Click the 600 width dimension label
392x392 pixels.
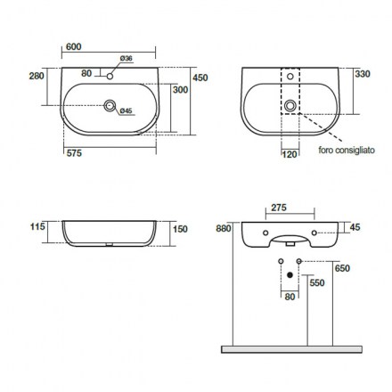pyautogui.click(x=73, y=46)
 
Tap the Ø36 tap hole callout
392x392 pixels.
pyautogui.click(x=127, y=58)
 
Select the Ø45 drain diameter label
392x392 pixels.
pyautogui.click(x=126, y=110)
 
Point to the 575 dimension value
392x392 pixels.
pyautogui.click(x=74, y=153)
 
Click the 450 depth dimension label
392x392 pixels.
pyautogui.click(x=200, y=78)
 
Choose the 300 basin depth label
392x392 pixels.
pyautogui.click(x=180, y=90)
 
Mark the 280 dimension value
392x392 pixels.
pyautogui.click(x=37, y=76)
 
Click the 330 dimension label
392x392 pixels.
pyautogui.click(x=363, y=74)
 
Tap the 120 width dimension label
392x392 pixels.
pyautogui.click(x=290, y=154)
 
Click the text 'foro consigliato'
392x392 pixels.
pyautogui.click(x=347, y=150)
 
